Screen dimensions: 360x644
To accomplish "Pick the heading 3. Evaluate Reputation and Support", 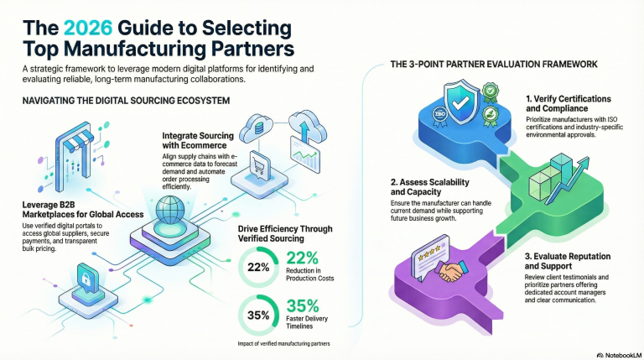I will click(570, 261).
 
